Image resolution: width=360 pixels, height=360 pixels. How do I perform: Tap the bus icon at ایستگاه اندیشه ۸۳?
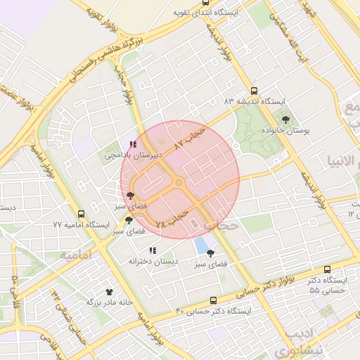tap(254, 91)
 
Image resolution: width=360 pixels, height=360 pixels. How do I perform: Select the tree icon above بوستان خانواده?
tap(285, 120)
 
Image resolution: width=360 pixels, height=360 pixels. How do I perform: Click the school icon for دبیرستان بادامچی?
tap(133, 144)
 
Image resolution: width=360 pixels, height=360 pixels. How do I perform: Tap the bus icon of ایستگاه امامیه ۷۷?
tap(81, 214)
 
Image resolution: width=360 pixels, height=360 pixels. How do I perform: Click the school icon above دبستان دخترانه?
tap(153, 250)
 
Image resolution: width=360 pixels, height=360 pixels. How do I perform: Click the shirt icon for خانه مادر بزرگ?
tap(109, 292)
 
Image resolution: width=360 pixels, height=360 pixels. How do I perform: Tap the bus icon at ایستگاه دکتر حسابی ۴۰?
tap(213, 300)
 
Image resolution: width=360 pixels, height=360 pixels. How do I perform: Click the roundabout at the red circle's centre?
tap(179, 184)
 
